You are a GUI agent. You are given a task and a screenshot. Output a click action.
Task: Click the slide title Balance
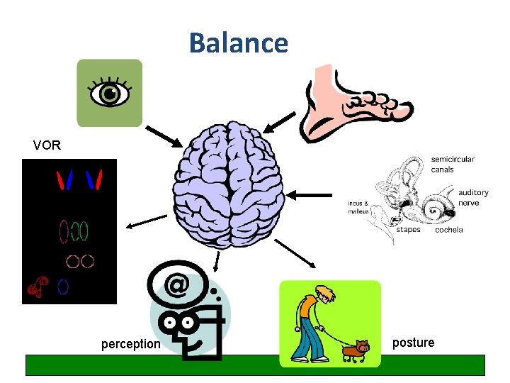[239, 43]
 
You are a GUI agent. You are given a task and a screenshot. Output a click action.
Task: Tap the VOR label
[47, 146]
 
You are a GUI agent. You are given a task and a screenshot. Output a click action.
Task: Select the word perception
[130, 344]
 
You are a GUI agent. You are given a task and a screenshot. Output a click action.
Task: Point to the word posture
[413, 343]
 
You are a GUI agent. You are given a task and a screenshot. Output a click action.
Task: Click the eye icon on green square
[109, 93]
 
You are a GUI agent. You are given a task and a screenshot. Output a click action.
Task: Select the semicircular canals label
[453, 165]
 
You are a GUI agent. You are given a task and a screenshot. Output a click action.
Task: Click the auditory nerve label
[472, 197]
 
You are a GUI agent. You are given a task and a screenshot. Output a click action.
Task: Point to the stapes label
[408, 229]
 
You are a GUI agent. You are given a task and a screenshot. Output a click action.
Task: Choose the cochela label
[448, 230]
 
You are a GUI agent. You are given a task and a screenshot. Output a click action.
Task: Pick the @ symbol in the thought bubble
[178, 285]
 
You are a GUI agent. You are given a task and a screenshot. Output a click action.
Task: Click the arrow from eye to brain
[164, 136]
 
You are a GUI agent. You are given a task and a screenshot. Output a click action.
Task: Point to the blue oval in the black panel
[63, 287]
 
